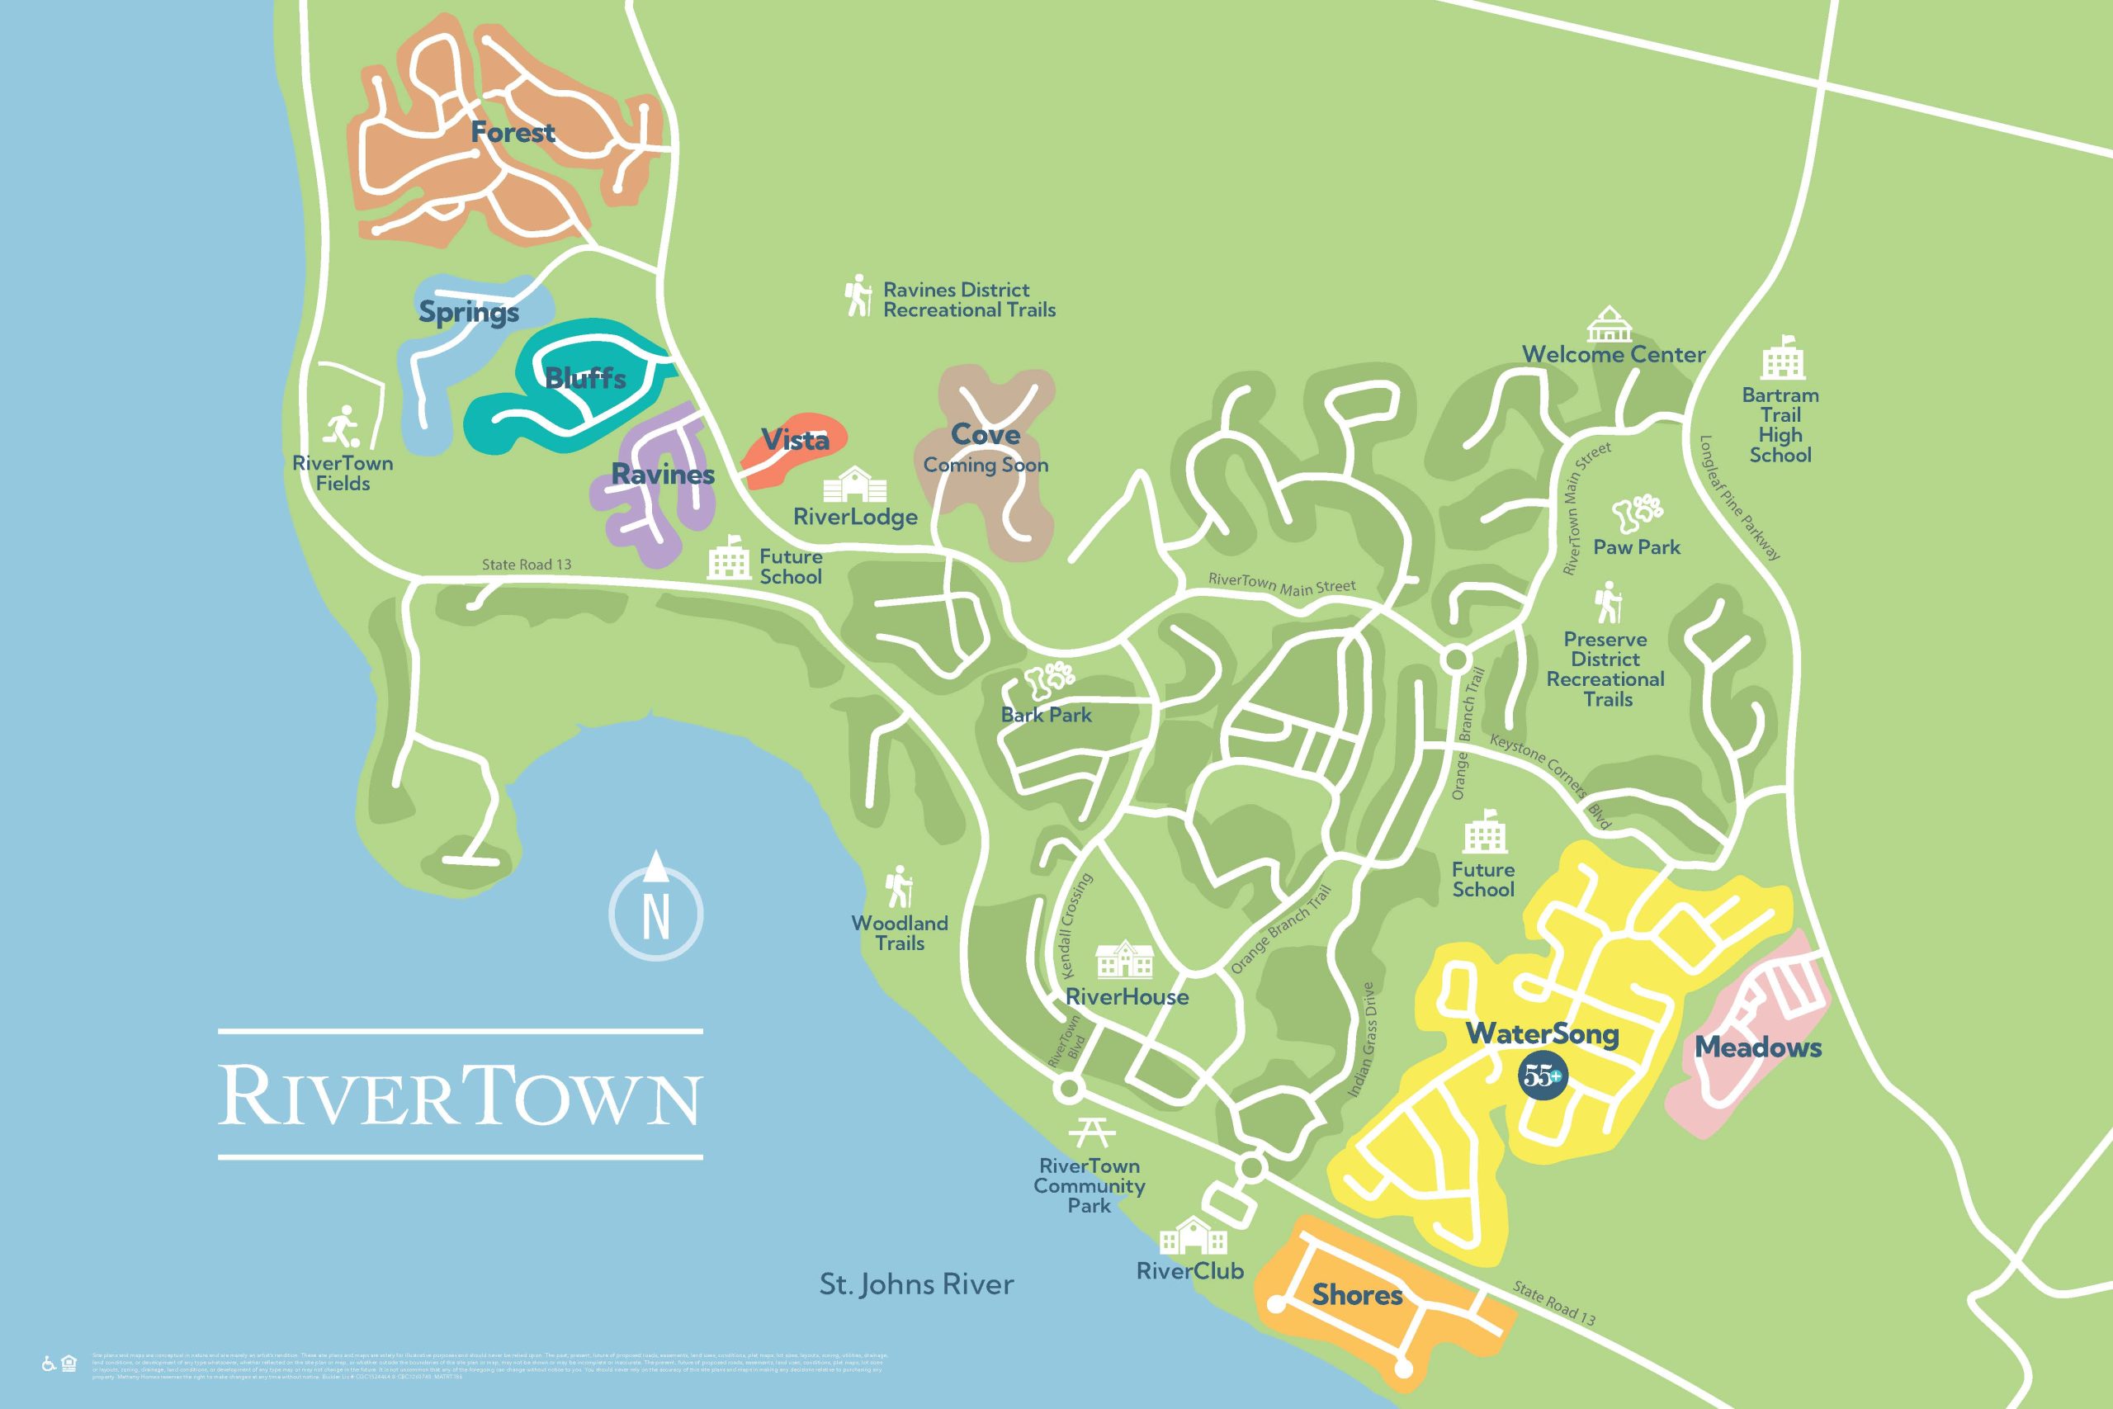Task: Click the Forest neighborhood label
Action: click(513, 133)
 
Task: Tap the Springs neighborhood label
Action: click(469, 313)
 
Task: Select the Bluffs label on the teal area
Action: click(586, 378)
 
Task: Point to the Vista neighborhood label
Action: click(795, 440)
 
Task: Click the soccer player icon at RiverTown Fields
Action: click(343, 427)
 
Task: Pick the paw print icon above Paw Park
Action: click(1636, 513)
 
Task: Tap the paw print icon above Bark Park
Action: click(1047, 681)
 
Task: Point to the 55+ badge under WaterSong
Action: click(1543, 1076)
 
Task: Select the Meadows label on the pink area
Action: click(1758, 1047)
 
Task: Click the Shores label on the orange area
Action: click(1357, 1295)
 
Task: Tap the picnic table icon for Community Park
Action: click(1091, 1132)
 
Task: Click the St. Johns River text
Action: click(916, 1284)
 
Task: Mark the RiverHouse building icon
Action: click(1125, 960)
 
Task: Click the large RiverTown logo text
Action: click(459, 1094)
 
